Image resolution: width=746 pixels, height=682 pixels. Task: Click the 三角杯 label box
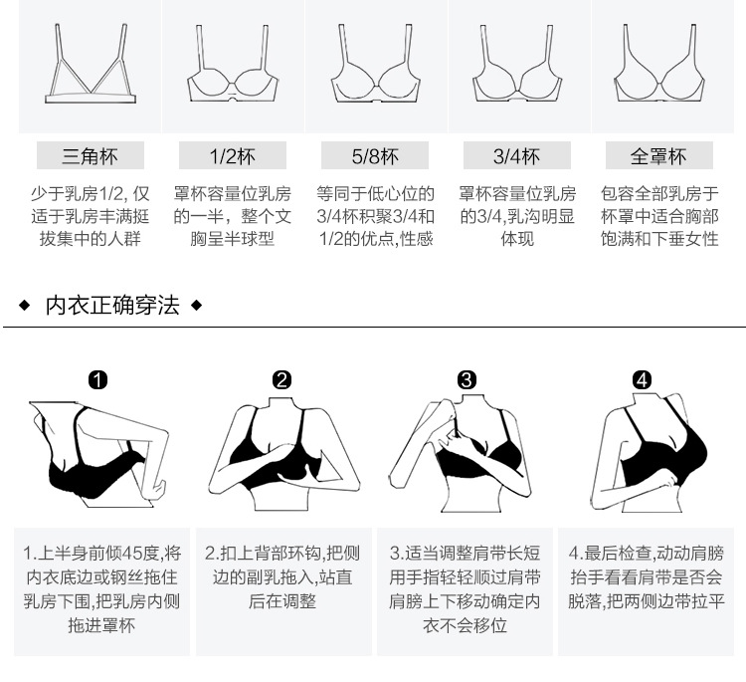90,156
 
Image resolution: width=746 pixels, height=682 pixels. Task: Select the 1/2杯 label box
232,156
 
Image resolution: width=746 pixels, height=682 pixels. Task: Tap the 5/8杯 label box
374,156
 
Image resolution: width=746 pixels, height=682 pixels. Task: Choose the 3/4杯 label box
516,156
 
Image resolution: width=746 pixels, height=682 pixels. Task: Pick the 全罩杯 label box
658,156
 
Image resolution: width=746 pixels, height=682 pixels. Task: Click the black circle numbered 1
97,379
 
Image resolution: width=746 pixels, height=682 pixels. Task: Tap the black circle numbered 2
282,379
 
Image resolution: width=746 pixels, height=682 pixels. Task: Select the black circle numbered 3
467,379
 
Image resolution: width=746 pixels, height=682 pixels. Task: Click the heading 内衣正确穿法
112,305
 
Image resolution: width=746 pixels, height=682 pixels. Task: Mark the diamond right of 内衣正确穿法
196,305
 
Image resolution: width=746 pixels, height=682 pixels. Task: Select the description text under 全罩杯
658,216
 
